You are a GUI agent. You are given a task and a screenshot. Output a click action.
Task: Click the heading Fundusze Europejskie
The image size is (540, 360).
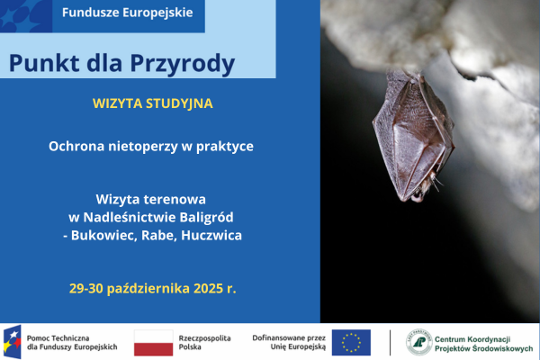126,14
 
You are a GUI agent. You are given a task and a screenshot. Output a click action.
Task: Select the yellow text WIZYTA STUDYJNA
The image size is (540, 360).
152,103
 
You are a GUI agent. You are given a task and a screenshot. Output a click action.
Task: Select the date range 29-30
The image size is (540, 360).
87,289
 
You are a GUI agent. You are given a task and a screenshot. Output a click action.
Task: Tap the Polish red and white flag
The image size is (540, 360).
153,342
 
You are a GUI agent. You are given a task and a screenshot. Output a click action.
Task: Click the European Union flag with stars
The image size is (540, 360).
351,342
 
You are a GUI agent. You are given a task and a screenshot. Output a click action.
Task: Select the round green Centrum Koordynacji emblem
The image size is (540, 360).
418,342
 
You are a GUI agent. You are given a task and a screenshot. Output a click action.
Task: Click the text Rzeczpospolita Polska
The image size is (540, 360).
205,342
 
